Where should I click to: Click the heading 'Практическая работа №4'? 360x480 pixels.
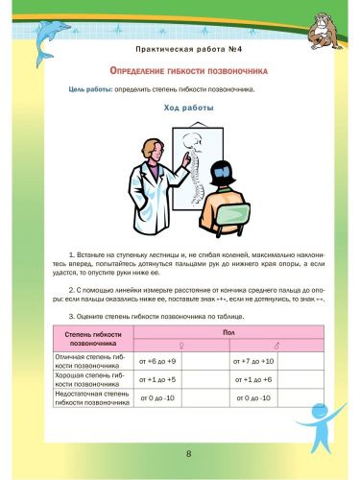click(180, 47)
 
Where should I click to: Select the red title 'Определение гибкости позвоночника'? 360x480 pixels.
click(180, 71)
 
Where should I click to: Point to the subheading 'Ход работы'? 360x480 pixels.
click(180, 108)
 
